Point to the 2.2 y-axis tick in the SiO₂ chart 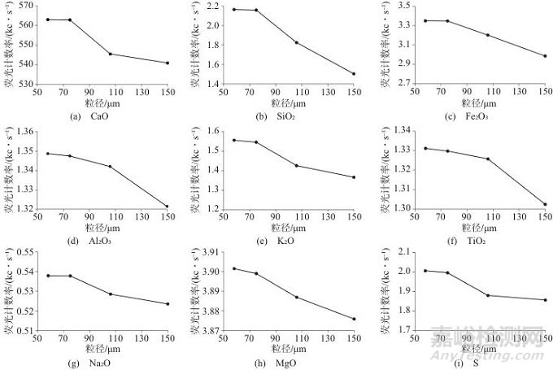click(213, 6)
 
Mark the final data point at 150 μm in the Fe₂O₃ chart click(545, 56)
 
